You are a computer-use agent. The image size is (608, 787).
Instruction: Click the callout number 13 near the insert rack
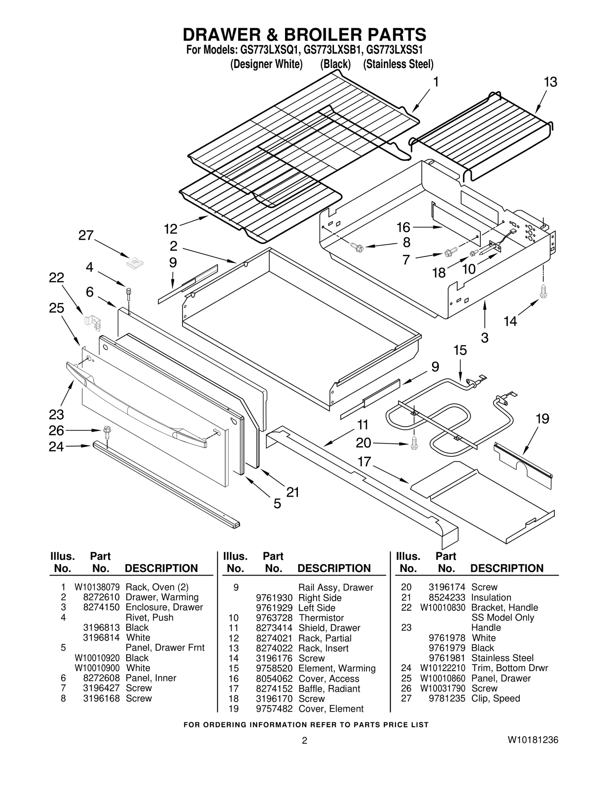550,82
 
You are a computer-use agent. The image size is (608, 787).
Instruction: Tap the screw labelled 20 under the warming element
414,443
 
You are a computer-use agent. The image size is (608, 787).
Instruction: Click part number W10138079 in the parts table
97,587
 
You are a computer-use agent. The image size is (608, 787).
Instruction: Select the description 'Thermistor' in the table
321,618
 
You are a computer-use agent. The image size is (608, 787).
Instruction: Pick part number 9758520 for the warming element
274,668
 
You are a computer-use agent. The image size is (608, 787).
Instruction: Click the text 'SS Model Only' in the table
502,618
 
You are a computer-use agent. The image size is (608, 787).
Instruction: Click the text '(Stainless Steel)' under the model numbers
398,64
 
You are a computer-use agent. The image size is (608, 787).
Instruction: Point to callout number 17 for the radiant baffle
364,462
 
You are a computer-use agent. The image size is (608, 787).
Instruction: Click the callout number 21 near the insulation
293,492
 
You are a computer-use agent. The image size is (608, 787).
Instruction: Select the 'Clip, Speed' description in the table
496,698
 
